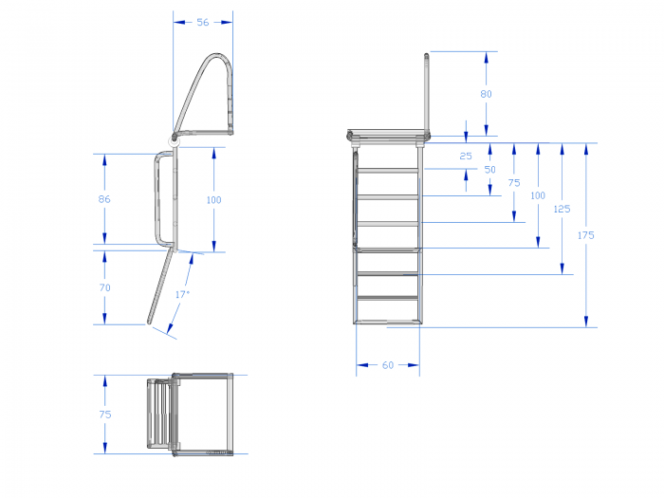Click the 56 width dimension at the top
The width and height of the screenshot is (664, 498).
point(203,22)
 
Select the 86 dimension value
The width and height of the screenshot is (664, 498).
point(104,199)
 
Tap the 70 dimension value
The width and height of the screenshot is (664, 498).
point(104,287)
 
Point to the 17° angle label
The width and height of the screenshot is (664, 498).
point(182,294)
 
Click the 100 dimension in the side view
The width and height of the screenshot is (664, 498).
point(213,200)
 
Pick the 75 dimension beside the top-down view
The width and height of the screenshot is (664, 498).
point(105,415)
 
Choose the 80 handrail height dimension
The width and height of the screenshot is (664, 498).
point(486,94)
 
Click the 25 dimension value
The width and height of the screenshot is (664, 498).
point(466,156)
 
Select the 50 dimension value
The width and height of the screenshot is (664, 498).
point(490,170)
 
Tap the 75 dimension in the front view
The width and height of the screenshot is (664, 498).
point(514,182)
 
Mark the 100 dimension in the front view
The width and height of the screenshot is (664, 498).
point(538,195)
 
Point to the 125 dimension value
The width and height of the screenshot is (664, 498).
point(562,209)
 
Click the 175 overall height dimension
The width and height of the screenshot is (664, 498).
point(586,235)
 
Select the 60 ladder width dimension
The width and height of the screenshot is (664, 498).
point(388,365)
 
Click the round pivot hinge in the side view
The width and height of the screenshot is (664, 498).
point(175,139)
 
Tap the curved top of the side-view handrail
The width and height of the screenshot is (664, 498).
point(218,55)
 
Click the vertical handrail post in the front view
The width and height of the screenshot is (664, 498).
point(427,93)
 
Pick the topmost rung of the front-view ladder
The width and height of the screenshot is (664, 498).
point(389,170)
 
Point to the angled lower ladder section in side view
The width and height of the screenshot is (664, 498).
point(161,286)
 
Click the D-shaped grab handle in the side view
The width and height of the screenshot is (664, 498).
point(157,199)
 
